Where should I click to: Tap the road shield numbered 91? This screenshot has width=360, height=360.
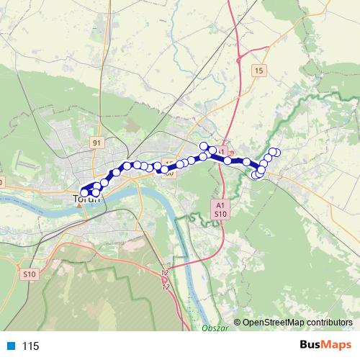coord(96,143)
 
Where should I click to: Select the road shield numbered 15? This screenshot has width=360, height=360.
coord(259,70)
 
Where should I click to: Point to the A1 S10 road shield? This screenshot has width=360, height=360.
coord(220,210)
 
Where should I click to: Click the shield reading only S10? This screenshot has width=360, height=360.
coord(29,274)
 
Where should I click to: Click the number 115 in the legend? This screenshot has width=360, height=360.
coord(31,346)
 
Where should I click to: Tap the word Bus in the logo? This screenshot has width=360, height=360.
coord(312,345)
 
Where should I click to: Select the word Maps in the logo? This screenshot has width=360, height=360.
coord(338,345)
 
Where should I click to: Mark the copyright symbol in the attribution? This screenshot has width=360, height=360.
coord(237,323)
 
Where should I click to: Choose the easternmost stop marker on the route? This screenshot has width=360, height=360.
coord(276,151)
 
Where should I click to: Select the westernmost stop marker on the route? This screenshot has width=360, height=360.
coord(84,193)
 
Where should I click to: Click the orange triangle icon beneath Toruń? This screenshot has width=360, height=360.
coord(78,205)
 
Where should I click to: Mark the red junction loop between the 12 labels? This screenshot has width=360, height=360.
coord(166,279)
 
